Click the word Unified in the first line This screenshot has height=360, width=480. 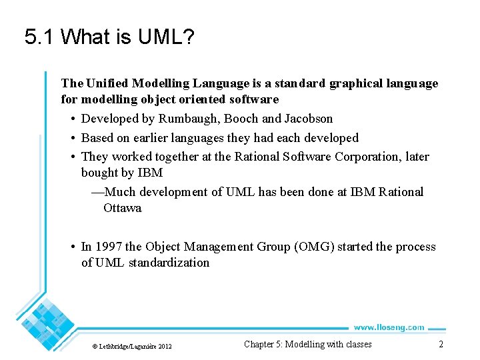pos(107,83)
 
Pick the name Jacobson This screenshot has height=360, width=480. pos(308,119)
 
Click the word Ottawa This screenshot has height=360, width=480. pos(122,208)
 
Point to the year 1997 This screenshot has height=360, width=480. pos(109,247)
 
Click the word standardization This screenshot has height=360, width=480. pos(169,263)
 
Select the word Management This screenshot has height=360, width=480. pos(220,247)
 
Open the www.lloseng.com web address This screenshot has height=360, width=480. pos(388,327)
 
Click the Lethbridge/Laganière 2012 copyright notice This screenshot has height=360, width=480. pos(132,347)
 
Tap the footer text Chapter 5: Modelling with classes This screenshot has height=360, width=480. pos(307,344)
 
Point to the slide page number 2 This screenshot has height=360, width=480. pos(441,344)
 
